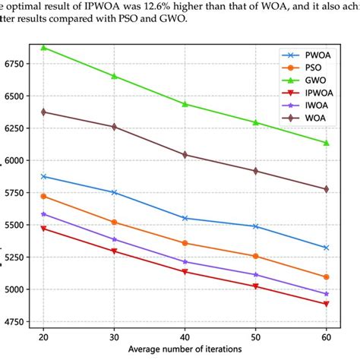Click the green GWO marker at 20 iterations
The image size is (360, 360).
pyautogui.click(x=43, y=47)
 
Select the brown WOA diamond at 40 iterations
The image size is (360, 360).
pyautogui.click(x=185, y=155)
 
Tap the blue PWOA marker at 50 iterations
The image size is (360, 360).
pyautogui.click(x=255, y=226)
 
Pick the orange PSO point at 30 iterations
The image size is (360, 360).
pyautogui.click(x=114, y=222)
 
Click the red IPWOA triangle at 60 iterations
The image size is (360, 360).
pyautogui.click(x=326, y=304)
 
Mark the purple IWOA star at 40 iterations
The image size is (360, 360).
pyautogui.click(x=185, y=262)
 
